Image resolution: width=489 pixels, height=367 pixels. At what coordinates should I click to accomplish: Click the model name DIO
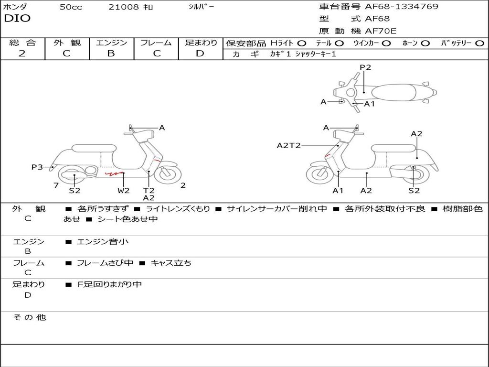click(17, 18)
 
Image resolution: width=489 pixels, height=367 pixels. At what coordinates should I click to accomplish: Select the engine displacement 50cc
click(71, 7)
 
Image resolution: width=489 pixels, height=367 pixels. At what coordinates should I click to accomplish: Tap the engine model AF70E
click(381, 31)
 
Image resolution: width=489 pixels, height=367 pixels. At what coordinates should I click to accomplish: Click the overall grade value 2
click(22, 54)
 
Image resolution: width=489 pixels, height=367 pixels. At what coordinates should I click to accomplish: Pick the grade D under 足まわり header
click(200, 54)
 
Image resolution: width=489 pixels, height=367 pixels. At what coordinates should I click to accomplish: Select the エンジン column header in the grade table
click(111, 43)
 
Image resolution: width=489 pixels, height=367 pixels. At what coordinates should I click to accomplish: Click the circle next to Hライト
click(302, 43)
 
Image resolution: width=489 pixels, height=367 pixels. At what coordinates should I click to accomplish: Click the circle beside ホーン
click(425, 43)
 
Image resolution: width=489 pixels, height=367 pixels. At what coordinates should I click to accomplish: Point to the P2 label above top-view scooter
click(365, 67)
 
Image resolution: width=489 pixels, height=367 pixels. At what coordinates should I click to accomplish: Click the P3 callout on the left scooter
click(37, 167)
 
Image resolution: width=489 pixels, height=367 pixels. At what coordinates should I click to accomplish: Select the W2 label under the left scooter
click(124, 191)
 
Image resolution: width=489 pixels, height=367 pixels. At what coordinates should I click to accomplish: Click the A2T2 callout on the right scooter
click(289, 145)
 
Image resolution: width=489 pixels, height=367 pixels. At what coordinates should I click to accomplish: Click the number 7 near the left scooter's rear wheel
click(56, 185)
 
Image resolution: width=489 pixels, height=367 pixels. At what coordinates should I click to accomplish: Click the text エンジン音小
click(103, 242)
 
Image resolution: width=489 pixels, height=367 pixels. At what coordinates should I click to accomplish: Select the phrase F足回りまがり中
click(109, 284)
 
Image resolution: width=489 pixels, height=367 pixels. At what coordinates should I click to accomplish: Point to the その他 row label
click(29, 317)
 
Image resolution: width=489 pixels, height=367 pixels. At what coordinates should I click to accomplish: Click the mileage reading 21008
click(124, 7)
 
